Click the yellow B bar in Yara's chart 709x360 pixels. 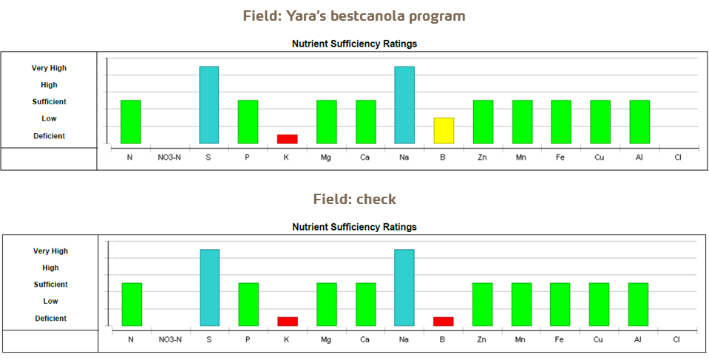[444, 130]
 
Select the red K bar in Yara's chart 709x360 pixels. [287, 139]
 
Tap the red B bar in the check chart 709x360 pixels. [444, 322]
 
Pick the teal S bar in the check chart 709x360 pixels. [209, 288]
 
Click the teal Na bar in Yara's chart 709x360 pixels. [404, 105]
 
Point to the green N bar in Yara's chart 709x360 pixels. [131, 121]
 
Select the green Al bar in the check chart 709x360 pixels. [638, 304]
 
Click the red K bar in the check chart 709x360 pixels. [287, 322]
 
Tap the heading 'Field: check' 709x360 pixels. [354, 200]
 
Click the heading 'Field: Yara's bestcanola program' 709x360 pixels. [354, 16]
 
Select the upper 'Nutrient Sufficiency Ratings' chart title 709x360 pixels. [354, 44]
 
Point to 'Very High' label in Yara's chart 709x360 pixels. [49, 68]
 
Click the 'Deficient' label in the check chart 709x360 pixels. [50, 319]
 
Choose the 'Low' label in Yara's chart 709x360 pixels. [49, 119]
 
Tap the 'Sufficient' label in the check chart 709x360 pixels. [50, 285]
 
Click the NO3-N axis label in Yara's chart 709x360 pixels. [169, 157]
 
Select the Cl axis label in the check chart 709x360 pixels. [676, 340]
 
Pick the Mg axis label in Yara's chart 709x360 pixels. [326, 157]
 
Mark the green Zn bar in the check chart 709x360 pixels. [482, 304]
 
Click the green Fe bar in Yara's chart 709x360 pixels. [561, 121]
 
